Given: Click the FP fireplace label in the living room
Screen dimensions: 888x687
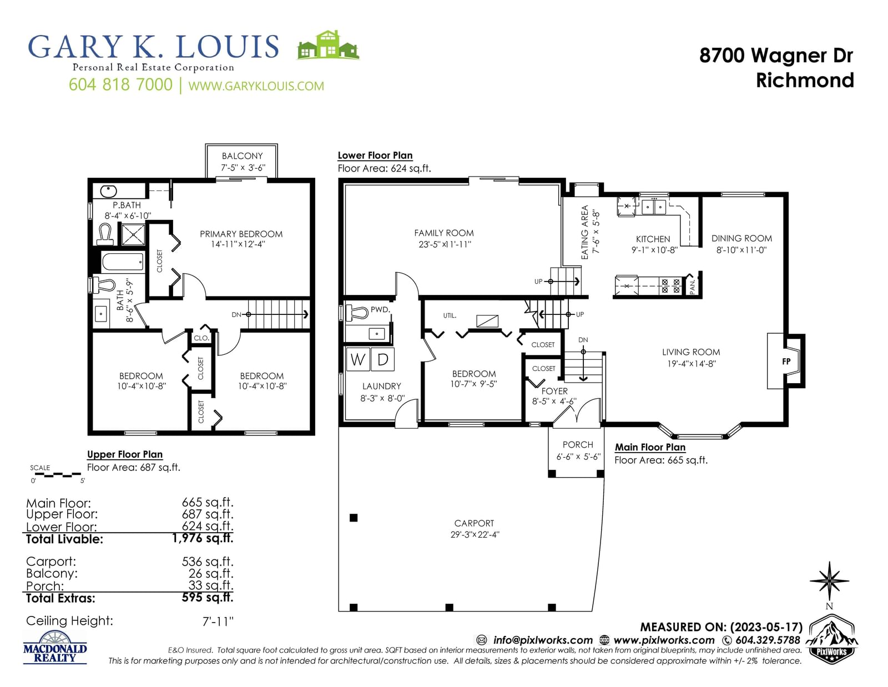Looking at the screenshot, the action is (x=786, y=362).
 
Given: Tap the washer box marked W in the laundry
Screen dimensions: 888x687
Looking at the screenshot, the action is (x=357, y=359).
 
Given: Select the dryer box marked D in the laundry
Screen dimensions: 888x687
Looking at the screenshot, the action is (x=382, y=359).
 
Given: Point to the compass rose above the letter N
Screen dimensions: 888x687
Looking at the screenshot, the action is (x=829, y=581).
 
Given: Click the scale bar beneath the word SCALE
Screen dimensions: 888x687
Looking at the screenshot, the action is (x=56, y=475).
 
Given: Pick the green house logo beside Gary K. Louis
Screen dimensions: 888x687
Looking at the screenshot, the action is (x=328, y=45).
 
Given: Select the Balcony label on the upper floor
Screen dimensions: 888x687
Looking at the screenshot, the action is (x=243, y=156).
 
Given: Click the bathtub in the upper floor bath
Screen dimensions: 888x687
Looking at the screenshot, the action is (x=123, y=262).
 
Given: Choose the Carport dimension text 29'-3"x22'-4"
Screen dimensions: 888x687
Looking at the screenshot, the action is (x=475, y=534).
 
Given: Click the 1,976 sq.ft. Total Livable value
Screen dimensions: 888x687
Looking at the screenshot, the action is (x=203, y=538).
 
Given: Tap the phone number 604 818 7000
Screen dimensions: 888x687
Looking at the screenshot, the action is (x=120, y=84).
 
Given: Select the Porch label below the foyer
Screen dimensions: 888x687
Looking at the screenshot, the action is (x=577, y=444).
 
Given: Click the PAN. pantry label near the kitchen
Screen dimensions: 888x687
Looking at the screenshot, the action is (x=692, y=287).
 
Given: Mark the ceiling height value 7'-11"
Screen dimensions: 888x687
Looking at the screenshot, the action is (x=218, y=621).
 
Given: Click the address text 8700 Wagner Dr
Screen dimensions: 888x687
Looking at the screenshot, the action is (x=776, y=55).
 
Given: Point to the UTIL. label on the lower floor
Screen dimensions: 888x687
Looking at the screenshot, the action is (x=450, y=315).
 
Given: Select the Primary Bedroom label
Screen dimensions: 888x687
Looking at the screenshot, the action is (x=241, y=234).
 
